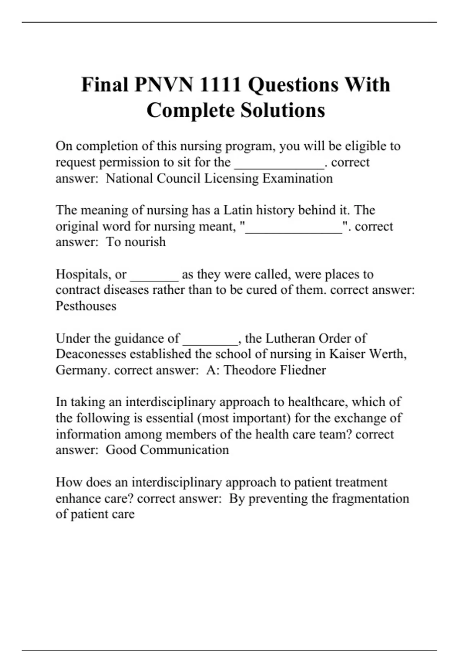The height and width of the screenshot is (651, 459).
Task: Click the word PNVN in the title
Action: pyautogui.click(x=164, y=85)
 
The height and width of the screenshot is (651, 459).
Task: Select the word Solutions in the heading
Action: pyautogui.click(x=283, y=110)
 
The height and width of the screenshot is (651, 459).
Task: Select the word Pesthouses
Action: pyautogui.click(x=86, y=306)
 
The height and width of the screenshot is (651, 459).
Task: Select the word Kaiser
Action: pyautogui.click(x=347, y=354)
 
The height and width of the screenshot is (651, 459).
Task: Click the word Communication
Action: pyautogui.click(x=184, y=450)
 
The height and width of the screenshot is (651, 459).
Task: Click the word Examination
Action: pyautogui.click(x=298, y=178)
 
